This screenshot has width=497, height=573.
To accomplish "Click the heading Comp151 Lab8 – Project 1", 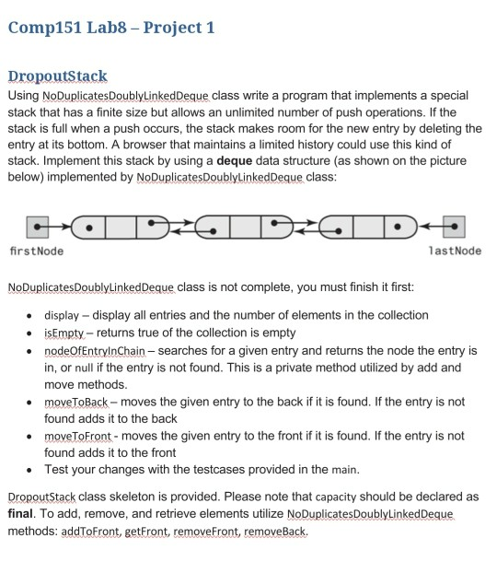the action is click(x=111, y=27).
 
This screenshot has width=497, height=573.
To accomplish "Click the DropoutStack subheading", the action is click(x=57, y=76).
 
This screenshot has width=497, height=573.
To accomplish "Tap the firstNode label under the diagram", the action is click(x=36, y=251).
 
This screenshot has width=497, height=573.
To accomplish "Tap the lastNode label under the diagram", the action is click(x=455, y=251).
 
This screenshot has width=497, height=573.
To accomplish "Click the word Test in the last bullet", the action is click(x=57, y=470).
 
